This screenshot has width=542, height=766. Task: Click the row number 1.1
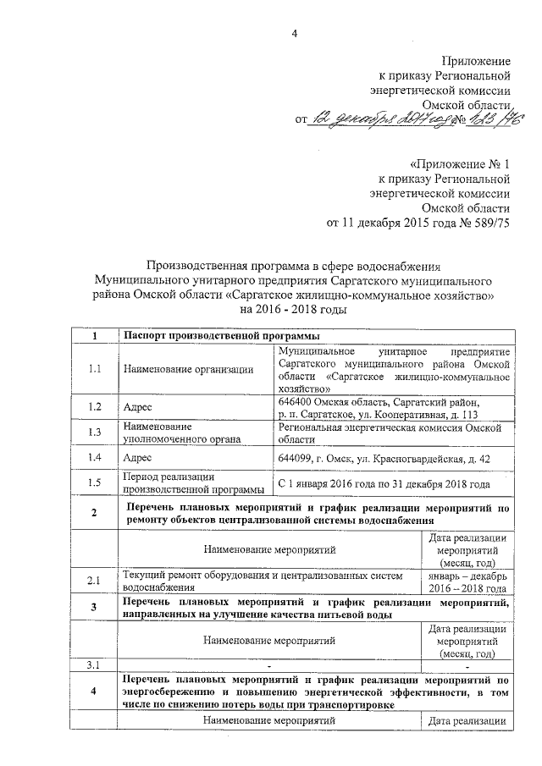[x=96, y=368]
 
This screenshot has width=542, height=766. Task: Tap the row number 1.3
[x=96, y=433]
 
